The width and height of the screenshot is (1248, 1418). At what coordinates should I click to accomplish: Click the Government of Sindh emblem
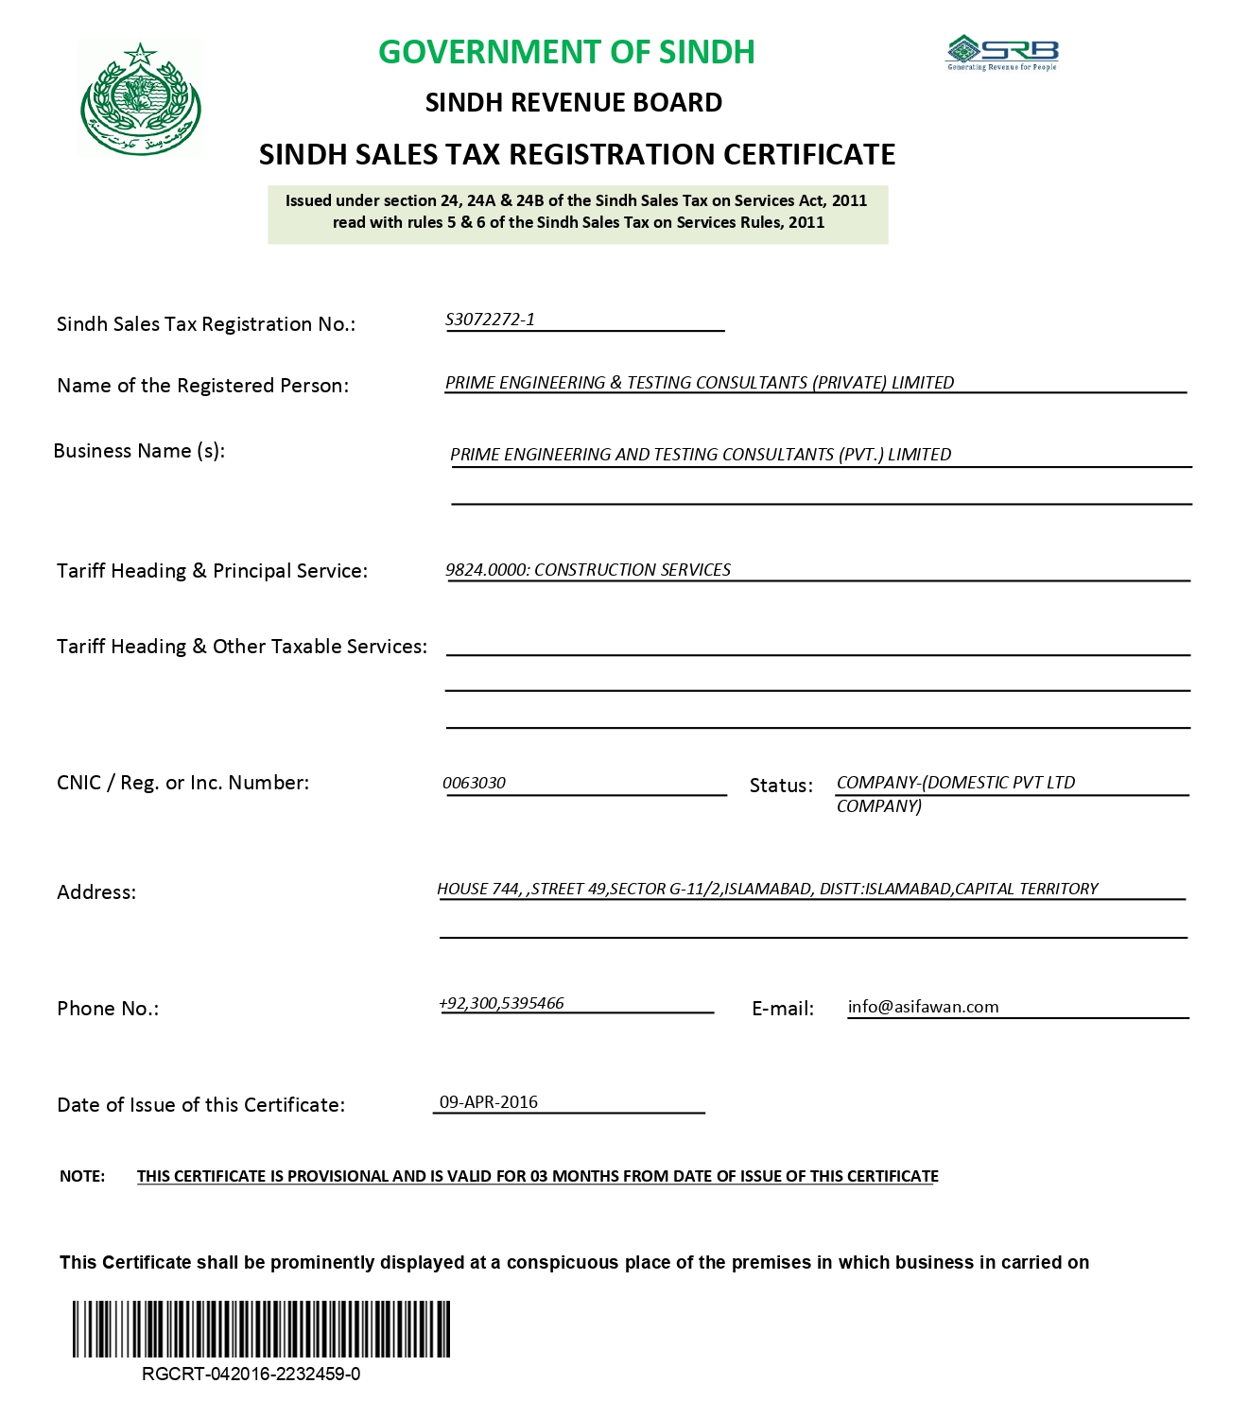(x=141, y=98)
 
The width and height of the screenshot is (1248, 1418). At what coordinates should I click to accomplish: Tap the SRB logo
(x=1002, y=53)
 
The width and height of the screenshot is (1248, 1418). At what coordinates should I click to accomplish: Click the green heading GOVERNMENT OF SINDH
(x=566, y=52)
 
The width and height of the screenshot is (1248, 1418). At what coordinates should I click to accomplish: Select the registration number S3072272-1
(x=490, y=320)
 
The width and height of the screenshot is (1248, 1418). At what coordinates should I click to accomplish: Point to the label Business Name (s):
(x=139, y=451)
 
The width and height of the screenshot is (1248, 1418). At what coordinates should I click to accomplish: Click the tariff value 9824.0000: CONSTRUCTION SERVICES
(x=587, y=570)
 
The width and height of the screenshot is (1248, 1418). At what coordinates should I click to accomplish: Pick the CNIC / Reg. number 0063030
(x=474, y=783)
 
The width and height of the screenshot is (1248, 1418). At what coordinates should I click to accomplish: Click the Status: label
(x=781, y=786)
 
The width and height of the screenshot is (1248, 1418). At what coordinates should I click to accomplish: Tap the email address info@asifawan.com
(x=923, y=1007)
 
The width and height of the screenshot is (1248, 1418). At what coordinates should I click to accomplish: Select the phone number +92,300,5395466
(x=501, y=1003)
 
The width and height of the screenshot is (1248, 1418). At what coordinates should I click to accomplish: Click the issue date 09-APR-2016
(x=489, y=1102)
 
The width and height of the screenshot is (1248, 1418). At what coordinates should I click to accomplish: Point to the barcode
(x=261, y=1329)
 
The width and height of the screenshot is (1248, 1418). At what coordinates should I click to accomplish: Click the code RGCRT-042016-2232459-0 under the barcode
(x=251, y=1375)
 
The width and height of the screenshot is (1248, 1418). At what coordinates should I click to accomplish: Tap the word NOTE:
(x=82, y=1176)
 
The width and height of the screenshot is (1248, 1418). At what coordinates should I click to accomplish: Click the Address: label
(x=96, y=892)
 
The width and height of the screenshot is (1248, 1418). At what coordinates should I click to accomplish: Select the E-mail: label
(x=783, y=1009)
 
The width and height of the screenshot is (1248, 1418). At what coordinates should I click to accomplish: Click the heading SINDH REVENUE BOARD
(x=573, y=102)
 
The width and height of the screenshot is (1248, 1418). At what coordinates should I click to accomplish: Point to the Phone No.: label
(x=108, y=1009)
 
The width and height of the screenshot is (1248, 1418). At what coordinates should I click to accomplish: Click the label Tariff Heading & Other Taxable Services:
(x=242, y=647)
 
